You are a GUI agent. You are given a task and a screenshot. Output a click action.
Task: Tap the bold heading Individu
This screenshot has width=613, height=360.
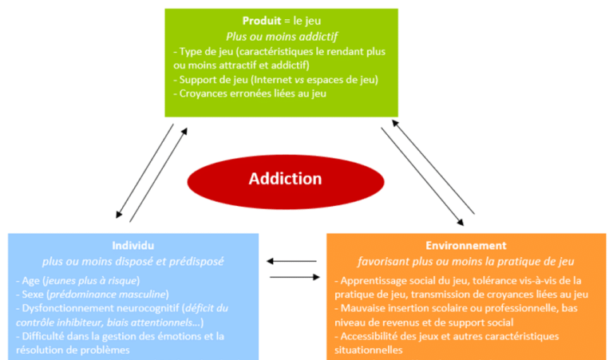pyautogui.click(x=133, y=246)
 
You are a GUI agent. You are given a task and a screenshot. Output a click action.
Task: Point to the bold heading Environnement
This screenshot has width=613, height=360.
pyautogui.click(x=465, y=246)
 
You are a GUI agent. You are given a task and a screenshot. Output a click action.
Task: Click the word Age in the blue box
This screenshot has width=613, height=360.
pyautogui.click(x=30, y=280)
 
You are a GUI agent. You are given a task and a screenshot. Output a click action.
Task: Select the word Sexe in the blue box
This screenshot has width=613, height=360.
pyautogui.click(x=31, y=294)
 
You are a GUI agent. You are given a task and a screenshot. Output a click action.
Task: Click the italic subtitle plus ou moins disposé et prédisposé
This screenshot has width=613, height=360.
pyautogui.click(x=133, y=260)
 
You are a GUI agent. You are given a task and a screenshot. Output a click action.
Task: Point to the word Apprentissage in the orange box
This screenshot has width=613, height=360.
pyautogui.click(x=375, y=280)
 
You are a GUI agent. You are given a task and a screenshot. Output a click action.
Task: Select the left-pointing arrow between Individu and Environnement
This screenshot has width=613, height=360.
pyautogui.click(x=291, y=260)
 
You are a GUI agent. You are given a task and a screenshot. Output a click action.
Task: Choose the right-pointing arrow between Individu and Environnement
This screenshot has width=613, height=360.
pyautogui.click(x=292, y=277)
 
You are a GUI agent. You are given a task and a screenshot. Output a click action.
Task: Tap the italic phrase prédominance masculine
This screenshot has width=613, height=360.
pyautogui.click(x=99, y=294)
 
